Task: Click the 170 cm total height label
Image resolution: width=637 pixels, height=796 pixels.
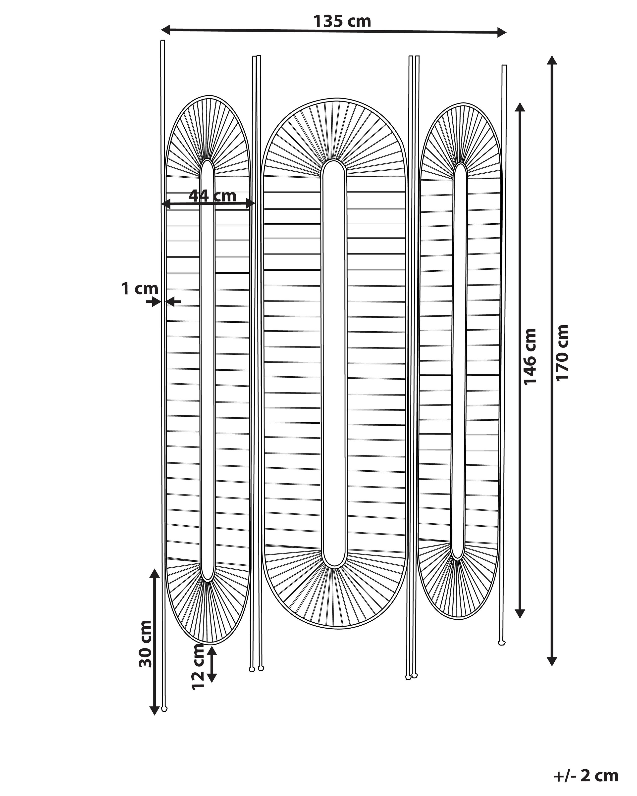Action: (x=562, y=353)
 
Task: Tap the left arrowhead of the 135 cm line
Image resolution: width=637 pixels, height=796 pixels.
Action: (x=166, y=30)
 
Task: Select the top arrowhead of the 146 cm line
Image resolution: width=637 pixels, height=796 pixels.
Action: (x=520, y=107)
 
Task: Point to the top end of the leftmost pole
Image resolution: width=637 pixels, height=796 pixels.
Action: (x=162, y=40)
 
